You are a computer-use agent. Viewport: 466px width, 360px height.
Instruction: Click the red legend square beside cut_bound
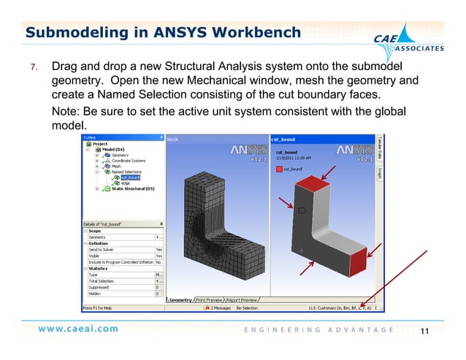click(278, 169)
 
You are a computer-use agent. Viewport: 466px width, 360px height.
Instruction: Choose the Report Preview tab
click(241, 300)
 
